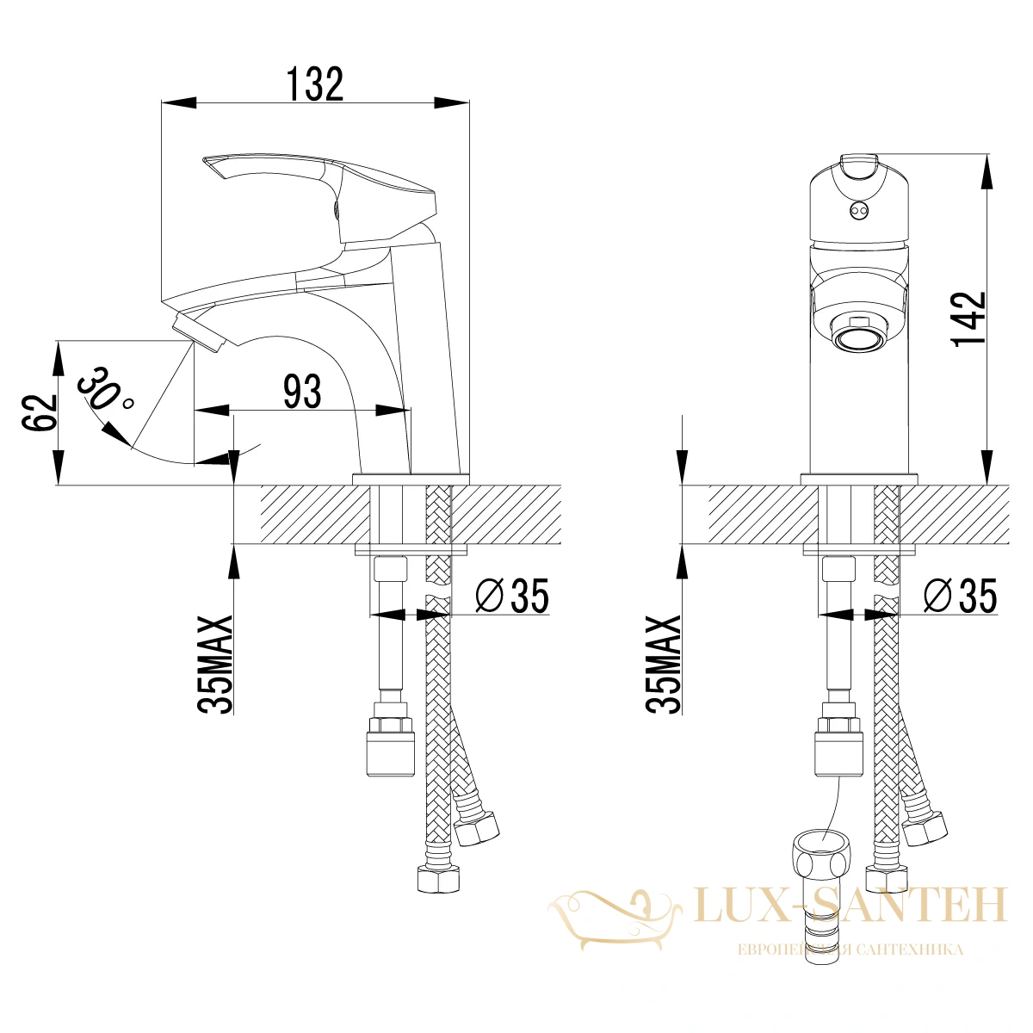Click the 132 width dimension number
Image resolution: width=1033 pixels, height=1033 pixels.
click(315, 84)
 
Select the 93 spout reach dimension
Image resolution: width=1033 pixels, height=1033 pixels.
click(302, 392)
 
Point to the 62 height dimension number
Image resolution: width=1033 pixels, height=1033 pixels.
click(39, 412)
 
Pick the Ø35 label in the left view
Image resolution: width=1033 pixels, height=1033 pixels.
click(512, 595)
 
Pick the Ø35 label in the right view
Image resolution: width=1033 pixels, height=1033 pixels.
click(960, 595)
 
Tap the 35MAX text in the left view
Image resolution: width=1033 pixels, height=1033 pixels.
click(215, 665)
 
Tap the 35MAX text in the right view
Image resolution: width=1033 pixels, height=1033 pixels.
click(664, 665)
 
